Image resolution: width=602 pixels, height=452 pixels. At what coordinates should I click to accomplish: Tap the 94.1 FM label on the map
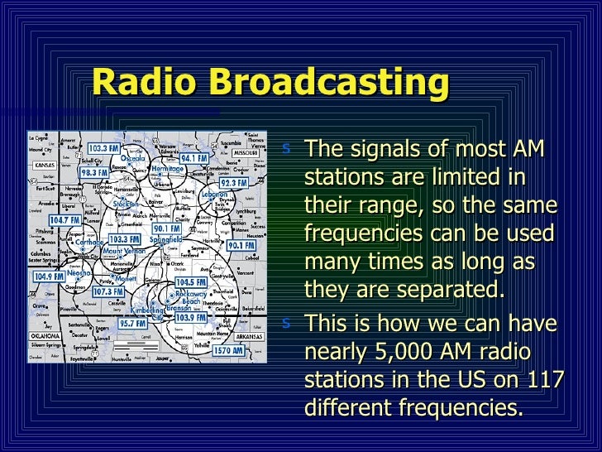pos(194,157)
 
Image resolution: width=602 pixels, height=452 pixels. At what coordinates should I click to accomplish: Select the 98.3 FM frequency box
pos(94,172)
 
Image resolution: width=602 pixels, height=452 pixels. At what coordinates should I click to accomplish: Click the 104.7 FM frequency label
pos(63,221)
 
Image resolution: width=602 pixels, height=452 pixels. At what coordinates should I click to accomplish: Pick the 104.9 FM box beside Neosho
pos(49,276)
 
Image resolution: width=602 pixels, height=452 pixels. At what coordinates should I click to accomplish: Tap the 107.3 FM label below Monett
pos(107,291)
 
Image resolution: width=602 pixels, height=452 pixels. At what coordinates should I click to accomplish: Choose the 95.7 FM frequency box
pos(132,324)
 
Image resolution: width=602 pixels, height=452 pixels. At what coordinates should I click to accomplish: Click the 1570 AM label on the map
pos(227,351)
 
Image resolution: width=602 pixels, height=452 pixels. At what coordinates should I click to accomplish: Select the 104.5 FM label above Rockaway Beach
pos(190,282)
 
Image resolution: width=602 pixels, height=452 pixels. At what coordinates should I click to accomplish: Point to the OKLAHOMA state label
pos(45,337)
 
